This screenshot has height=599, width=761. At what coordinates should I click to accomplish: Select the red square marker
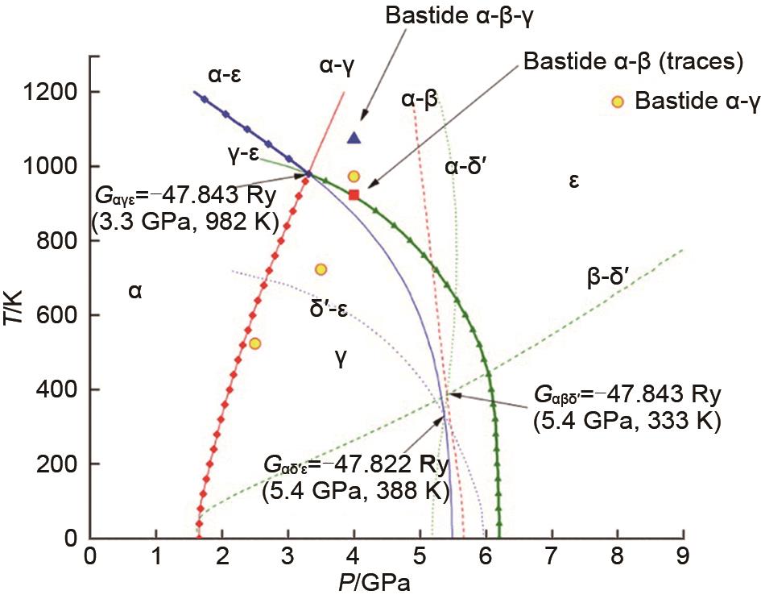pos(354,193)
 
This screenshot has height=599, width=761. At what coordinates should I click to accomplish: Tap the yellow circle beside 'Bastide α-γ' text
pos(618,102)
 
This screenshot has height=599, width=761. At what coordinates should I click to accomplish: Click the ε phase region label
pos(573,181)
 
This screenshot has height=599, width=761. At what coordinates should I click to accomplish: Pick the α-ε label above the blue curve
pos(225,76)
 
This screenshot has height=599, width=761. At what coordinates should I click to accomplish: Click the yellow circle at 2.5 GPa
pos(254,343)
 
